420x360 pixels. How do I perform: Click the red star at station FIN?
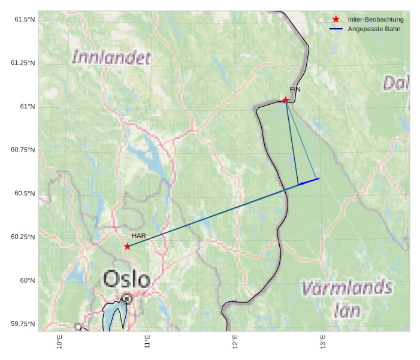coord(286,99)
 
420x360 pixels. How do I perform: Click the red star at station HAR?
coord(127,246)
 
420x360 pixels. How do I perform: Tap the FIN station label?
coord(295,89)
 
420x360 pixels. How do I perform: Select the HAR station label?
coord(139,236)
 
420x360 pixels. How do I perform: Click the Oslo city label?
coord(126,279)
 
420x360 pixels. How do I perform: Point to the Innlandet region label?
coord(111,58)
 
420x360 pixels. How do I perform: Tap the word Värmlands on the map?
coord(348,289)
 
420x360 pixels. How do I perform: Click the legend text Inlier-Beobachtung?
coord(376,20)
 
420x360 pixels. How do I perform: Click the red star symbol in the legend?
coord(336,20)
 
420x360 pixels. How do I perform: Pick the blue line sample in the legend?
coord(336,29)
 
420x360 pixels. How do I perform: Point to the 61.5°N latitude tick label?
coord(25,20)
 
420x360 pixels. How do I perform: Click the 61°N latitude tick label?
coord(28,107)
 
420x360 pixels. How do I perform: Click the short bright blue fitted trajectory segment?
coord(309,181)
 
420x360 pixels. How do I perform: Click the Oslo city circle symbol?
coord(127,298)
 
